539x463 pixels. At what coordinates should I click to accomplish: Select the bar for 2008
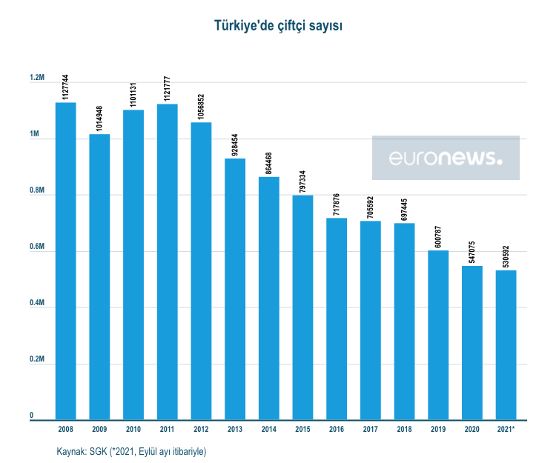[x=65, y=259]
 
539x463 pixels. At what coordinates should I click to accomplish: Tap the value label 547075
[x=472, y=249]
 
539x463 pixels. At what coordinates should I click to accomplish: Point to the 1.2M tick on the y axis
[x=38, y=79]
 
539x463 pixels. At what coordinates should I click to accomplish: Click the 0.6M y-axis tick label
[x=38, y=247]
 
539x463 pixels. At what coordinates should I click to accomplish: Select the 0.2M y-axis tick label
[x=38, y=360]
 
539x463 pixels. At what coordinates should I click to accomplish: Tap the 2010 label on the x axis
[x=133, y=429]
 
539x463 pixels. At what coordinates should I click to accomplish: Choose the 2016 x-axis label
[x=337, y=429]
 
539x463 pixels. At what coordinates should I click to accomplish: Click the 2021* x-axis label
[x=506, y=429]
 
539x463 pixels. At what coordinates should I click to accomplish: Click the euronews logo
[x=446, y=158]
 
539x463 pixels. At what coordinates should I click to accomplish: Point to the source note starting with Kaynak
[x=131, y=451]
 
